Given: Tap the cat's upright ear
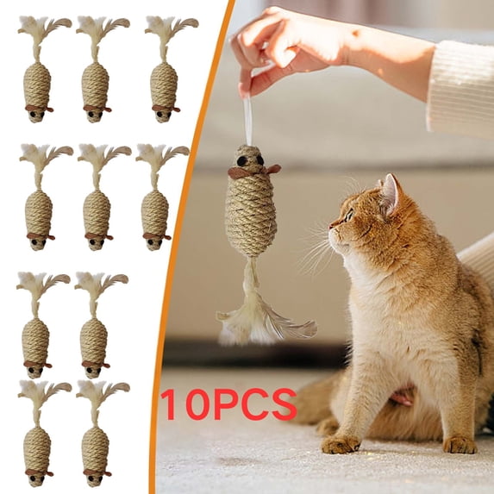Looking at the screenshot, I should tap(391, 195).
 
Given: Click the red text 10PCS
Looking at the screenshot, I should tap(228, 404).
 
